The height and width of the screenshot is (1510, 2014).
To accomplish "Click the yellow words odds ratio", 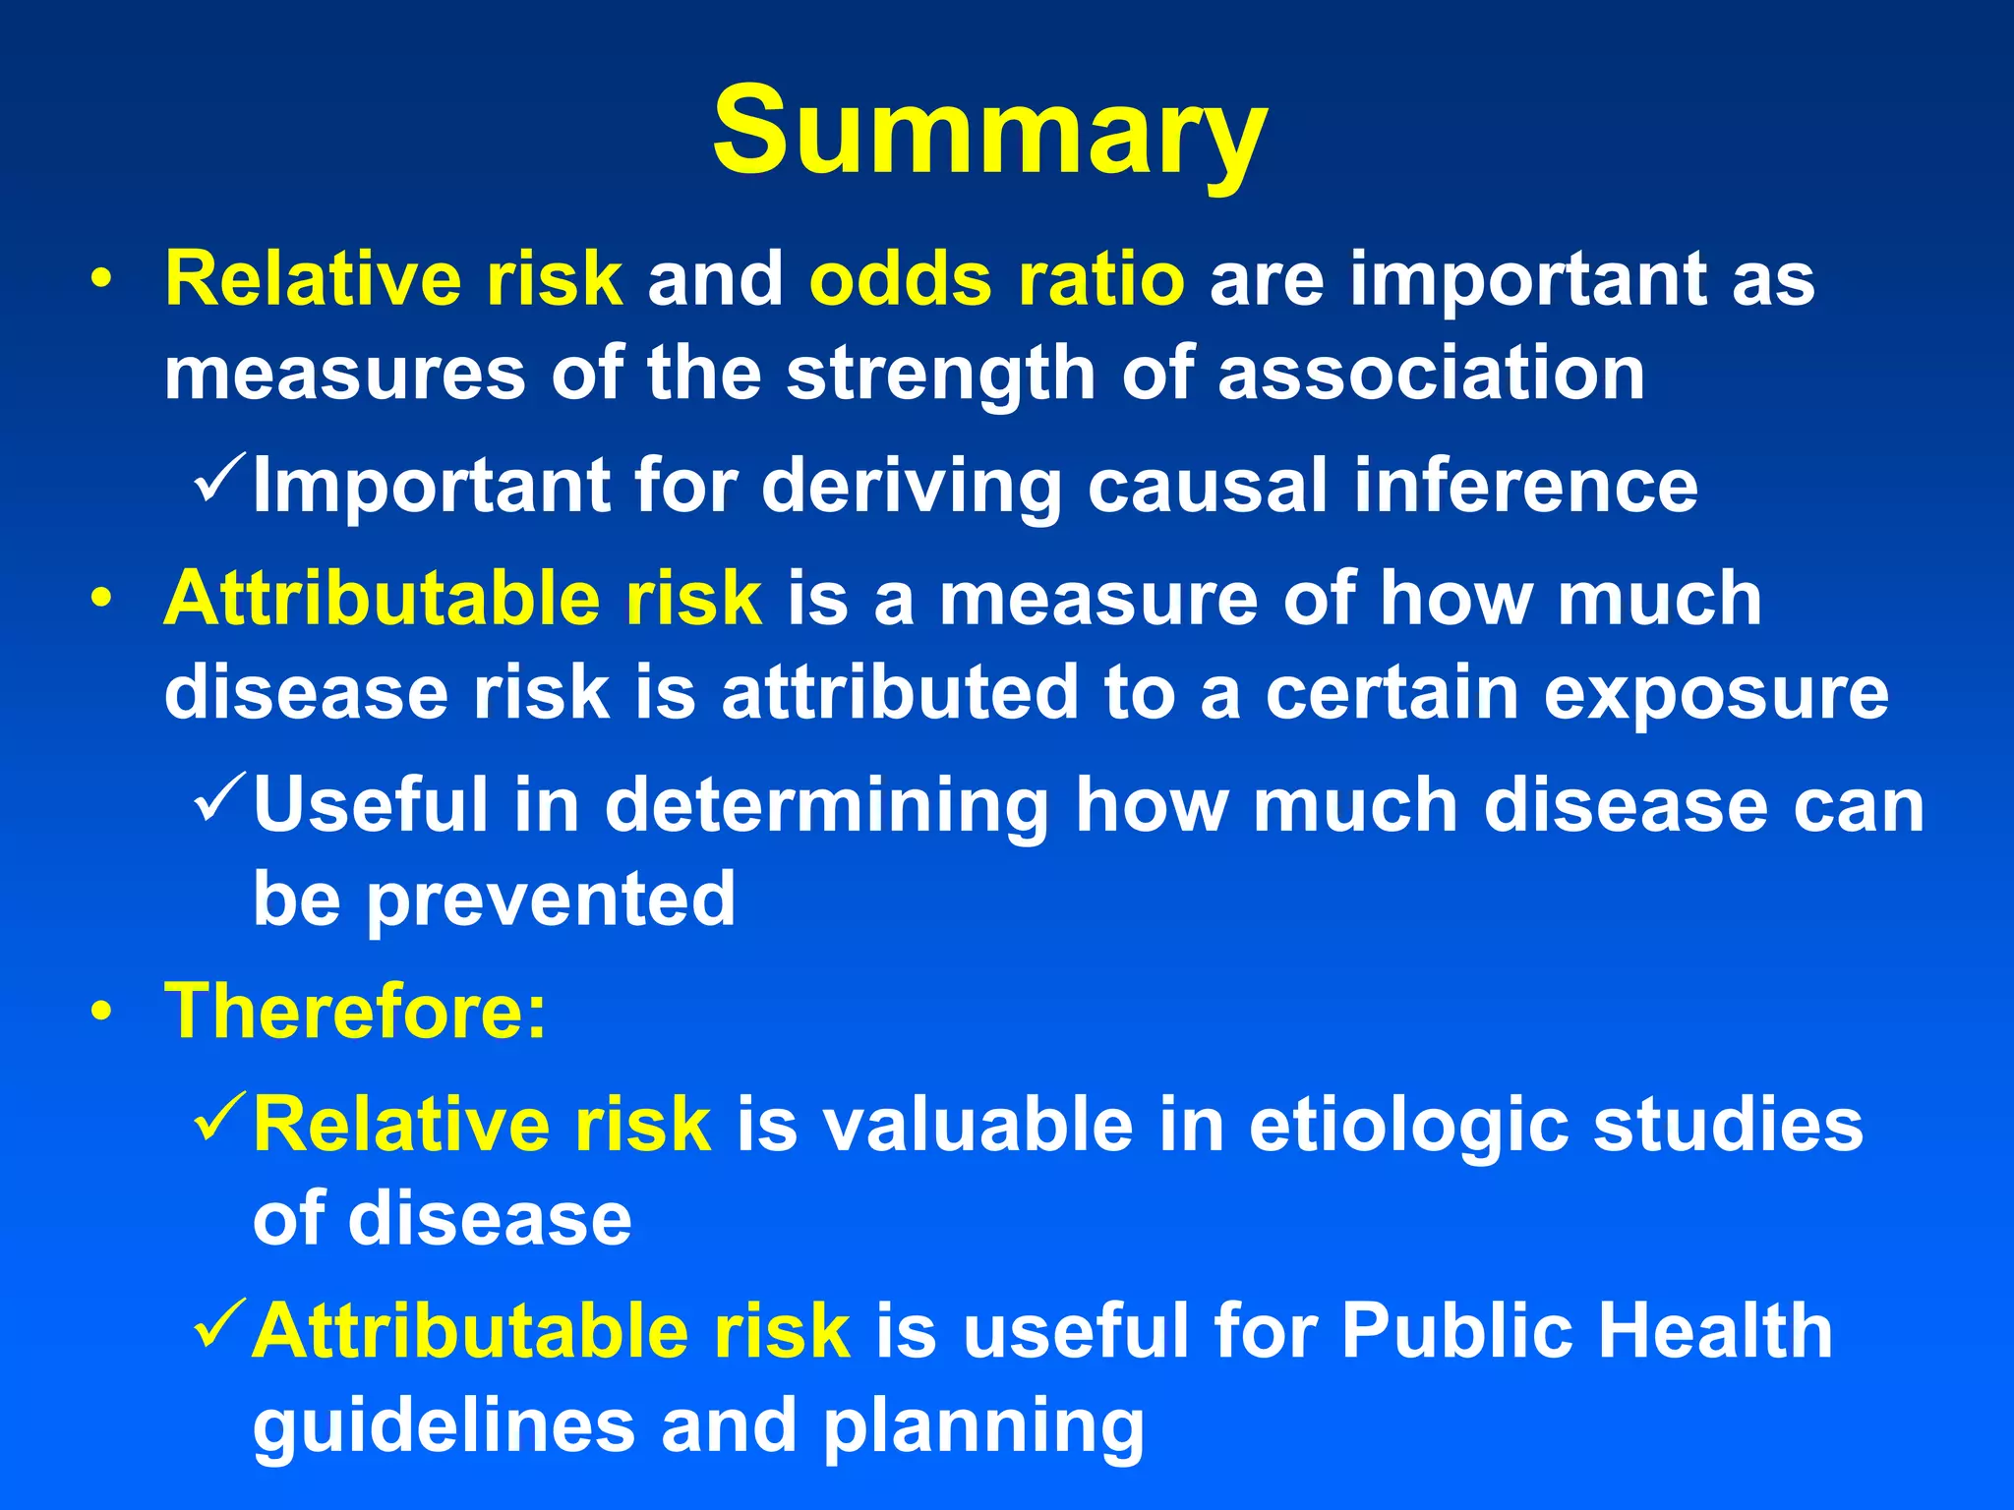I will click(x=996, y=280).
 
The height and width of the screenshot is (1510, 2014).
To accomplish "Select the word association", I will click(x=1431, y=374).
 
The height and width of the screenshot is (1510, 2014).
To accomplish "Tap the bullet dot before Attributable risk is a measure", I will click(x=100, y=599).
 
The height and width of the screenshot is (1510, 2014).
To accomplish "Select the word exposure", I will click(x=1715, y=694).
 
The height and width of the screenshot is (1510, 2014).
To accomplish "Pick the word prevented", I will click(x=551, y=900).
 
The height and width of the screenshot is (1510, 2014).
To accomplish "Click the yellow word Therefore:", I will click(x=355, y=1012).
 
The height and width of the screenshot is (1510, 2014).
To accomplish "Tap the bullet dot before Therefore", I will click(x=100, y=1013).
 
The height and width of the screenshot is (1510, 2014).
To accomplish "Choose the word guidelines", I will click(x=444, y=1427).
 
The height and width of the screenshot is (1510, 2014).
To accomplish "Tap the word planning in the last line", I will click(x=983, y=1427).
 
